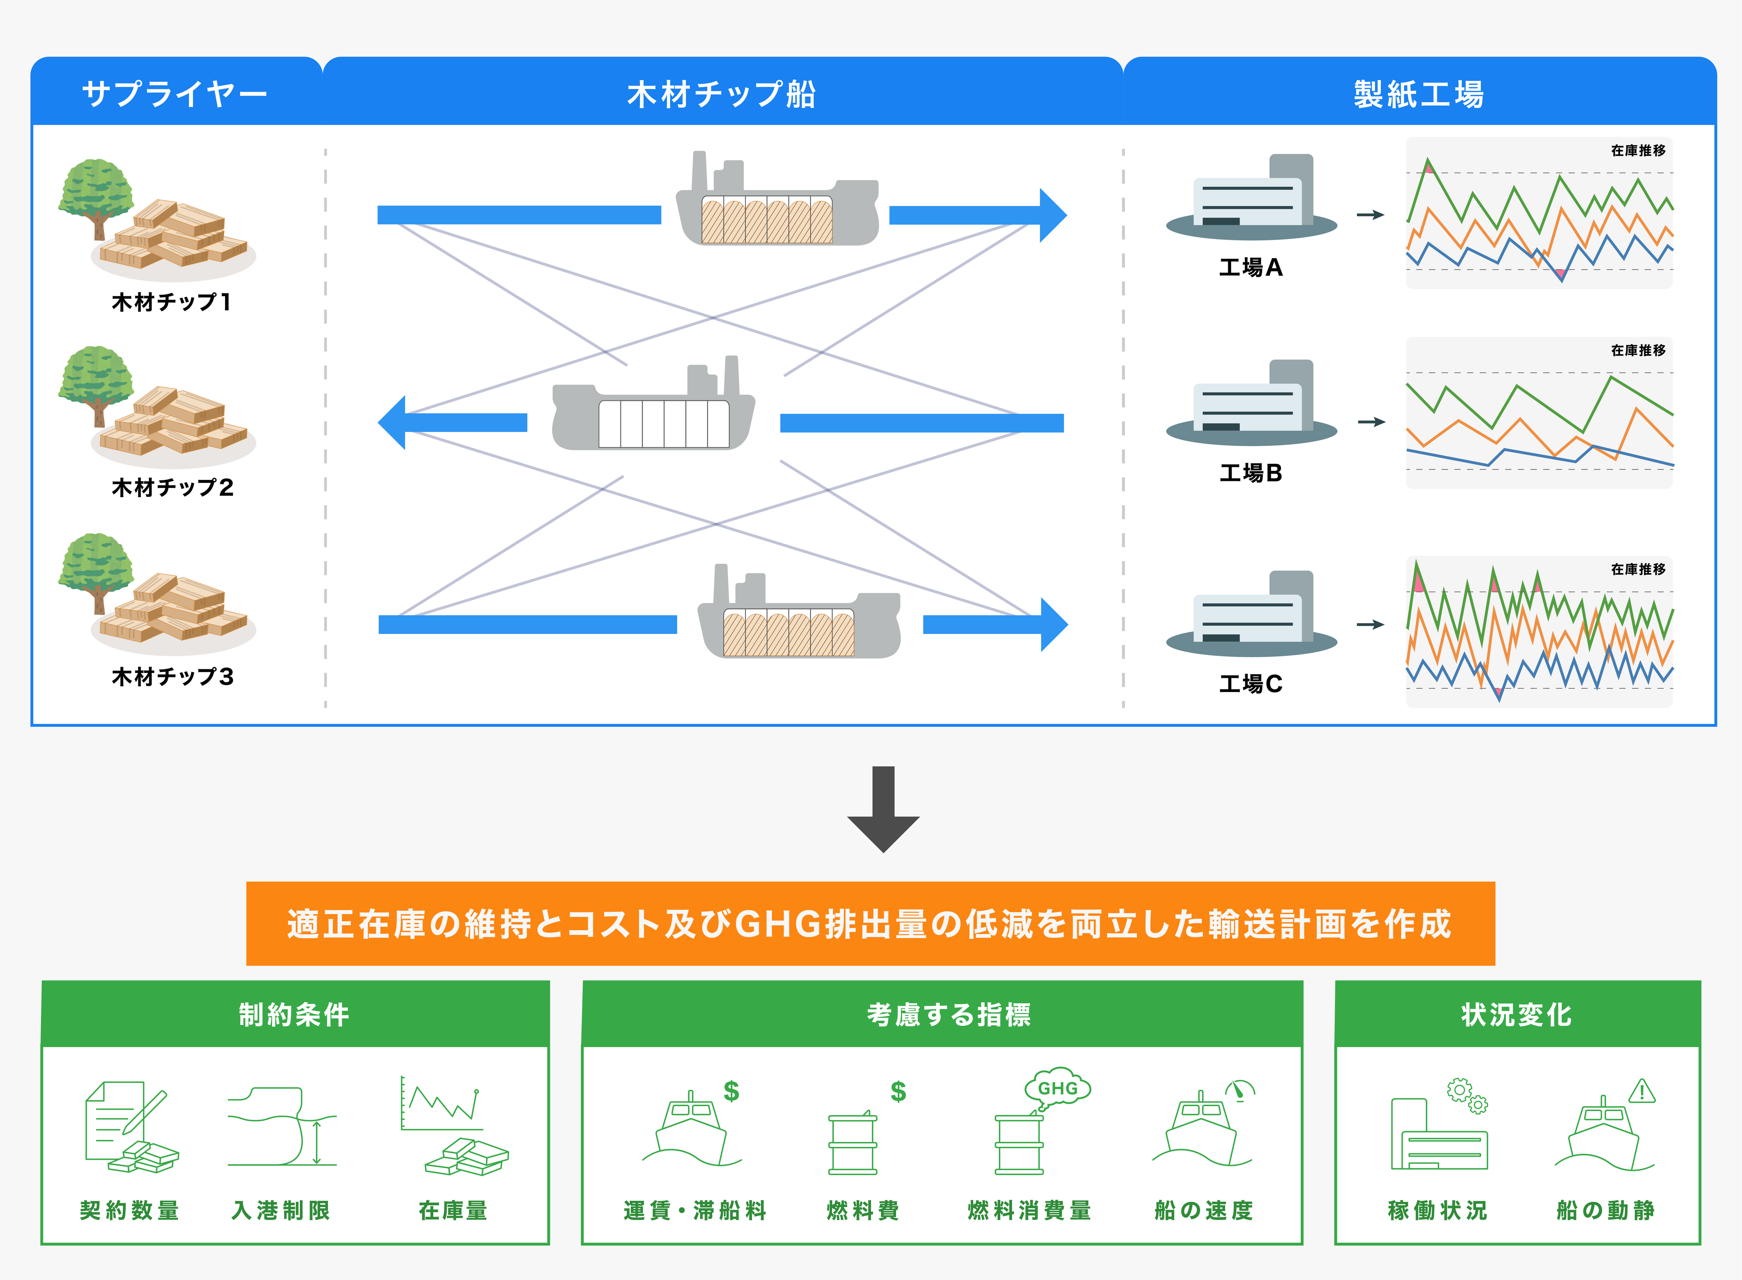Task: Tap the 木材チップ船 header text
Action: pyautogui.click(x=721, y=94)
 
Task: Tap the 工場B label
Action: pyautogui.click(x=1250, y=473)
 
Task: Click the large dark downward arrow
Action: pyautogui.click(x=883, y=810)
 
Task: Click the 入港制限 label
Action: pyautogui.click(x=281, y=1210)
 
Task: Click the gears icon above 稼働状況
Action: pyautogui.click(x=1467, y=1095)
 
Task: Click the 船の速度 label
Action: pyautogui.click(x=1203, y=1210)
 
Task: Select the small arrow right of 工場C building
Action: pyautogui.click(x=1370, y=625)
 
